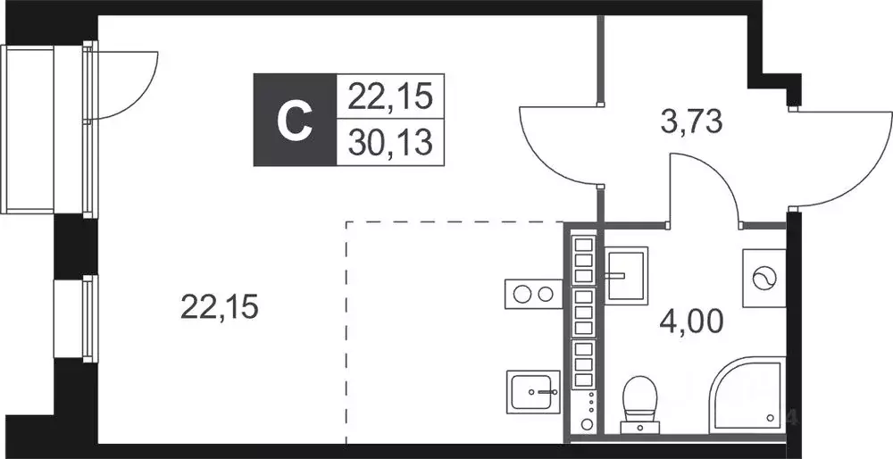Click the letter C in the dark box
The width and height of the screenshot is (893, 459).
[295, 121]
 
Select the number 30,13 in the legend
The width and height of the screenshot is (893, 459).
[391, 142]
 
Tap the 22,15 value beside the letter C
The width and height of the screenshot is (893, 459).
[391, 96]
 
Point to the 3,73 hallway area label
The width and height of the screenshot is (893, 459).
[691, 121]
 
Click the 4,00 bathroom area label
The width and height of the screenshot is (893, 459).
[691, 321]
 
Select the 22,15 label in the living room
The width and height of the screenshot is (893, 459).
[220, 307]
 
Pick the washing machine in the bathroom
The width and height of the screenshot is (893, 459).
[764, 279]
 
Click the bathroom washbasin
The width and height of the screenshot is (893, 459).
[626, 275]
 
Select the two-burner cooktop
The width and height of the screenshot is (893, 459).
[533, 295]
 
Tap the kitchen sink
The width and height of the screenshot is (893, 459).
[533, 391]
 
